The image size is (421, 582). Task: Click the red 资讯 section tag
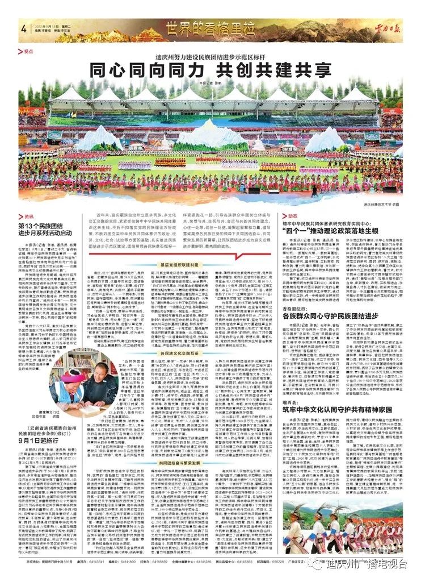[x=28, y=217]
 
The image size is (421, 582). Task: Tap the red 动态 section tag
[x=292, y=217]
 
